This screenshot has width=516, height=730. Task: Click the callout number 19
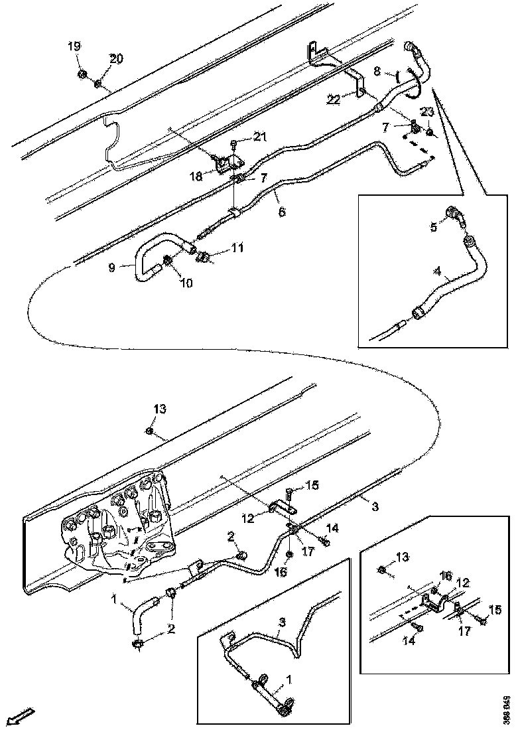[x=74, y=46]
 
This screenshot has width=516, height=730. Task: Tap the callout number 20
[x=116, y=59]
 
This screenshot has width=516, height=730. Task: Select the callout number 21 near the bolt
[x=260, y=137]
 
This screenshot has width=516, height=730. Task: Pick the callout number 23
[x=427, y=112]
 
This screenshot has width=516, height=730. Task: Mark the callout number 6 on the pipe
[x=281, y=212]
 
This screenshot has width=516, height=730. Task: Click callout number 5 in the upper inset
[x=434, y=226]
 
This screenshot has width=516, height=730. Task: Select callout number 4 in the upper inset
[x=438, y=271]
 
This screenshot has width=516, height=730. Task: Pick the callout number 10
[x=186, y=283]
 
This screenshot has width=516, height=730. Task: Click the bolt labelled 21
[x=234, y=143]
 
